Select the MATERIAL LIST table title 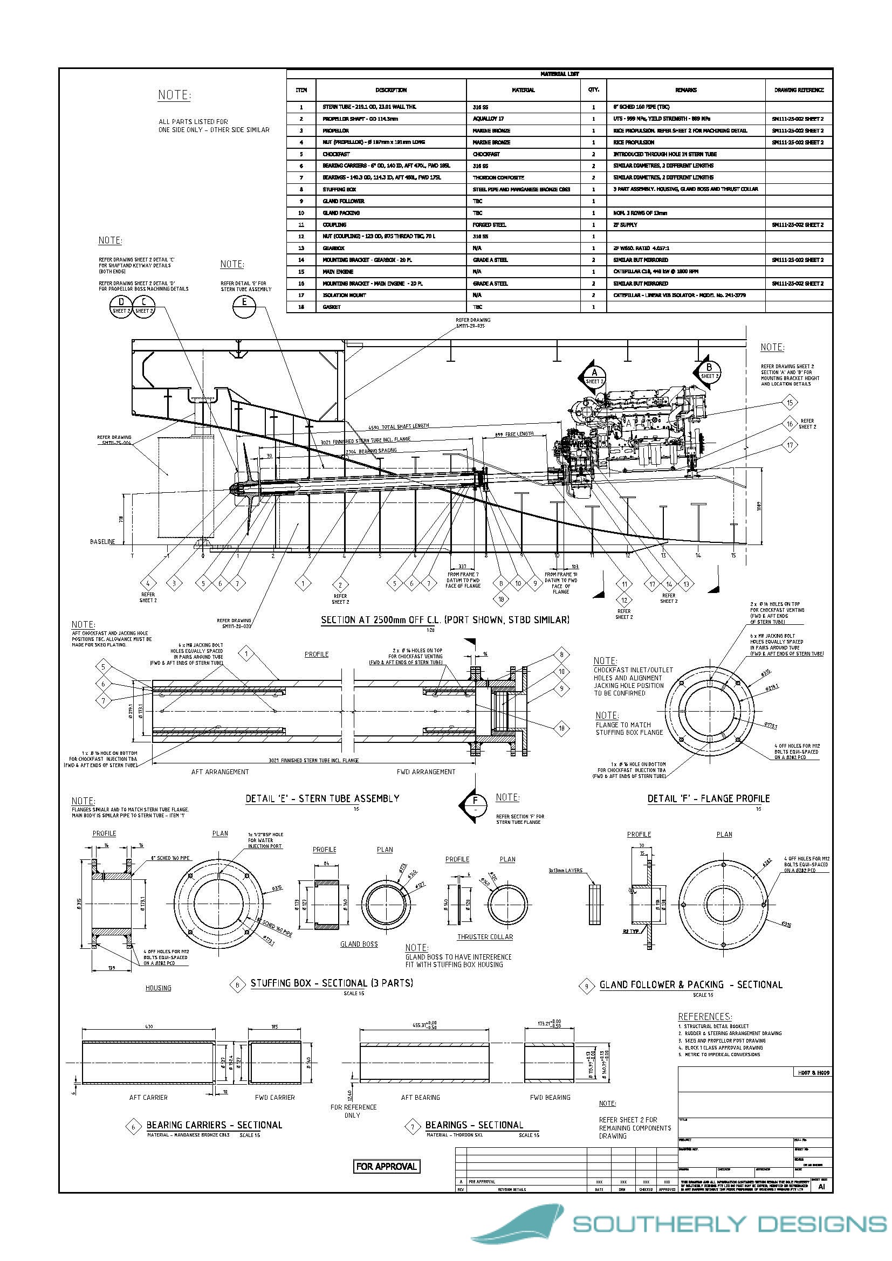coord(559,74)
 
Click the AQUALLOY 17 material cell coord(488,119)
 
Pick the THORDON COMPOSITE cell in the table coord(498,177)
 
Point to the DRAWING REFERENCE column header coord(799,90)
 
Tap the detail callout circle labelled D coord(121,306)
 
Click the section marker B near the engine coord(709,372)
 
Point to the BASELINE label coord(102,541)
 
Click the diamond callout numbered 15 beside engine coord(790,403)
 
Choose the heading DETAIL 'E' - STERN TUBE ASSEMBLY coord(323,798)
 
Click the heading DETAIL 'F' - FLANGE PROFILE coord(709,798)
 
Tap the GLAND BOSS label coord(359,944)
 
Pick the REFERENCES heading coord(705,1017)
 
